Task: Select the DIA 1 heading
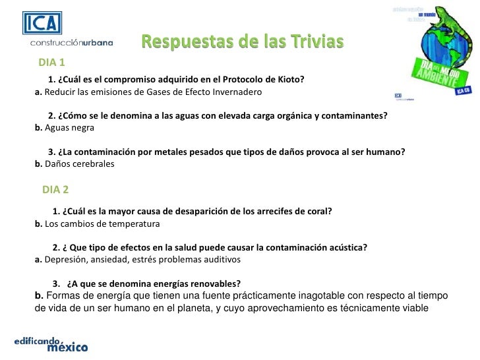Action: coord(51,63)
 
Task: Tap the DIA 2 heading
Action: coord(55,190)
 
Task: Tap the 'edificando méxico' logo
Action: coord(51,344)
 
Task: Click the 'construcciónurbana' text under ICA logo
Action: coord(71,43)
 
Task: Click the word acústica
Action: coord(345,248)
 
